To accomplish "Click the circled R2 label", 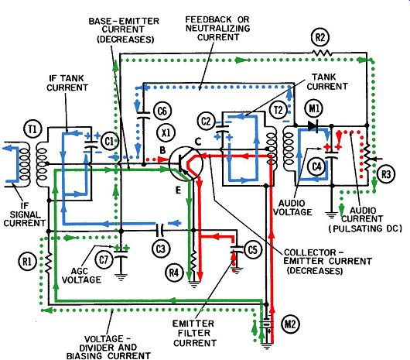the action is tap(320, 38).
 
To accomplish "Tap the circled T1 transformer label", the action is tap(32, 130).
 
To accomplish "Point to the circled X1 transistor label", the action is tap(166, 132).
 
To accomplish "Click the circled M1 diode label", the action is tap(314, 108).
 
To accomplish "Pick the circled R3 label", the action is tap(386, 174).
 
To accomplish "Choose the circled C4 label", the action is tap(317, 166).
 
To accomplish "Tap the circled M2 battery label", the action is tap(290, 324).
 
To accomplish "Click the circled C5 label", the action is tap(252, 250).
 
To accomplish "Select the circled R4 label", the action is tap(174, 273).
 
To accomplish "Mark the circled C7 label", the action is tap(104, 260).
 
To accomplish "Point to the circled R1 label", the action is tap(27, 262).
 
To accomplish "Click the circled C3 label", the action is tap(161, 249).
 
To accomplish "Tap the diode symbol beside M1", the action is tap(313, 126).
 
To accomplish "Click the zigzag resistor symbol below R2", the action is tap(323, 53).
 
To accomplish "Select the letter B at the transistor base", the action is tap(162, 150).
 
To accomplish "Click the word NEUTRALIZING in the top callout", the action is tap(218, 28).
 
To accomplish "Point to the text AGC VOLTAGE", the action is tap(81, 276).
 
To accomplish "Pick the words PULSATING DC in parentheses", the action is tap(365, 228).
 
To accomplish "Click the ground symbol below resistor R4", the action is tap(193, 284).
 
